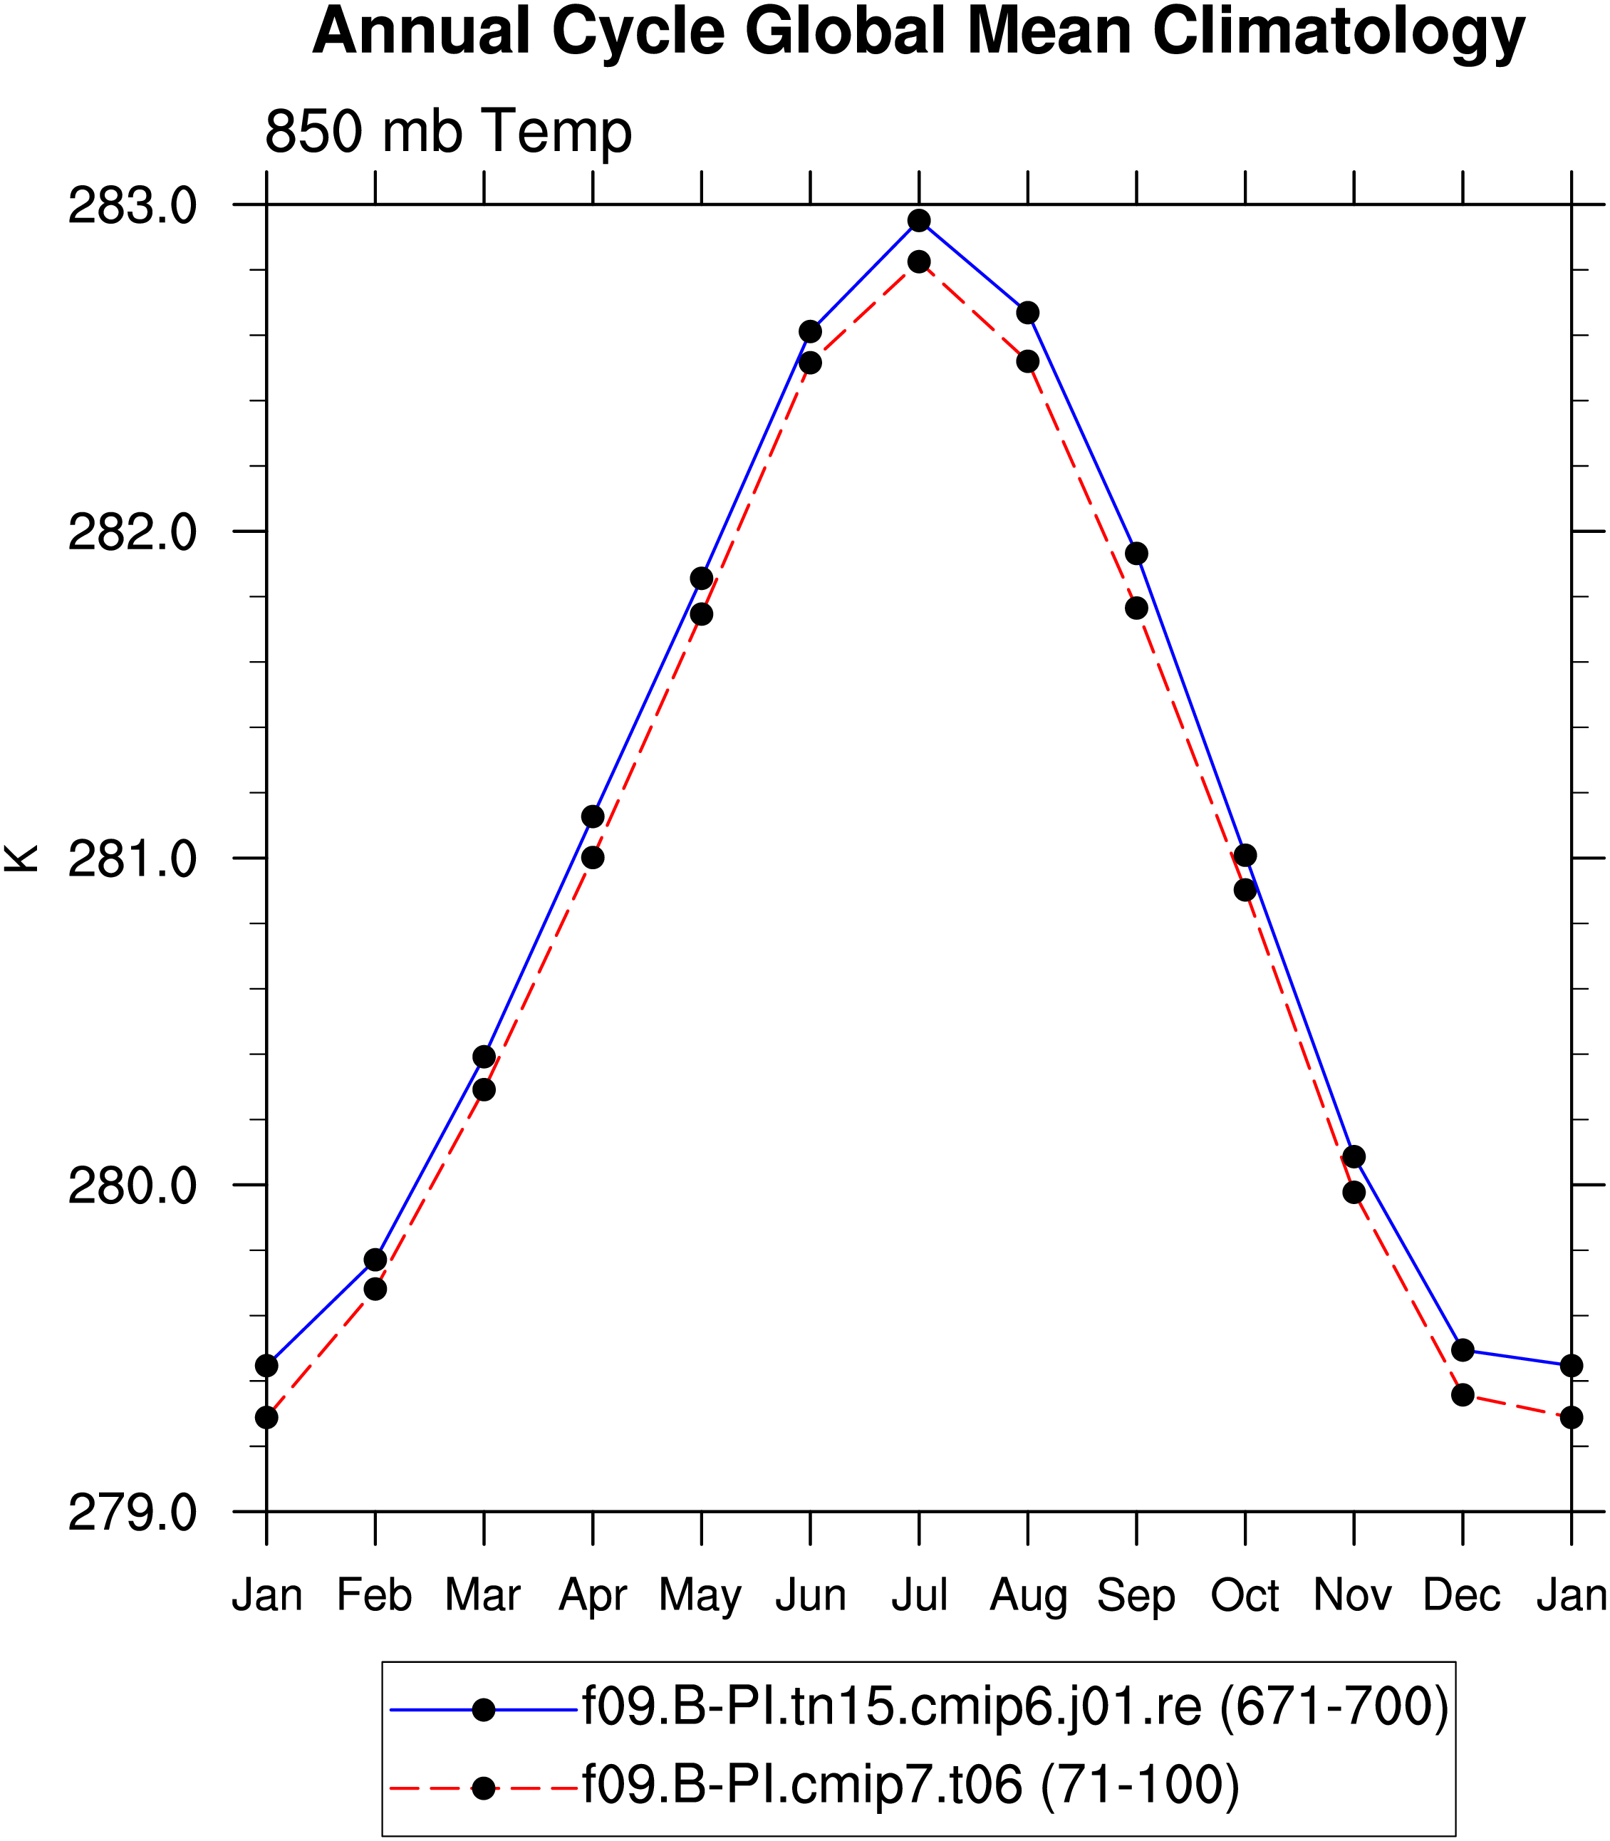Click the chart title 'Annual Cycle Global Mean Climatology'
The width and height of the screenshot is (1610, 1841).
click(x=918, y=32)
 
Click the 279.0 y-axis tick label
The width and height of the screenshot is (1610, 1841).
click(x=132, y=1513)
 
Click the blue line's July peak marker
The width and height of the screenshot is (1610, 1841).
click(x=919, y=221)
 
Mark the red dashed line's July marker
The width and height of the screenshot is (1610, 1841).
click(x=919, y=262)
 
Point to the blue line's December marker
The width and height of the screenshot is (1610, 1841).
click(x=1463, y=1349)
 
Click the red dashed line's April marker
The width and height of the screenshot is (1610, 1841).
click(x=593, y=858)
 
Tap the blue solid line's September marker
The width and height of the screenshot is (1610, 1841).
click(x=1136, y=554)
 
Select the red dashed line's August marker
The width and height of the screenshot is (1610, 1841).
click(x=1028, y=361)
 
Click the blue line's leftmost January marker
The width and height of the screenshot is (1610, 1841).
click(x=267, y=1366)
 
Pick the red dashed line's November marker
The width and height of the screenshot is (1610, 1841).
click(x=1354, y=1192)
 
